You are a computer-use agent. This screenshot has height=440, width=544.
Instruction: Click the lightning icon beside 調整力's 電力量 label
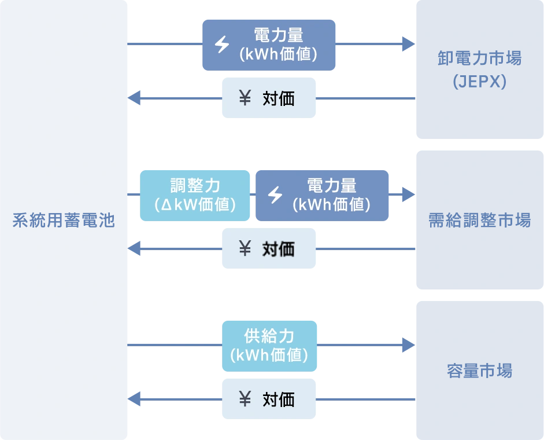tap(275, 195)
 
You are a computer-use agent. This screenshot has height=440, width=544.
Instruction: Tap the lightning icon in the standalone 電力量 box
tap(222, 45)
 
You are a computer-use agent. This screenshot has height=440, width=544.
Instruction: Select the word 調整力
tap(195, 186)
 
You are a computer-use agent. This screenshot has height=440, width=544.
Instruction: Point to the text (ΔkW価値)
tap(195, 205)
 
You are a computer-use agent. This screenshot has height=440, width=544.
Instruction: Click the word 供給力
tap(270, 336)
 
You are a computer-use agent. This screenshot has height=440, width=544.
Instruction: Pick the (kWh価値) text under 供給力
tap(269, 355)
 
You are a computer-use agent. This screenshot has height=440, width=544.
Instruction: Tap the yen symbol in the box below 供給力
tap(245, 399)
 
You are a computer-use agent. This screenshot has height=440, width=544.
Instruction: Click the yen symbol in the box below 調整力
tap(245, 249)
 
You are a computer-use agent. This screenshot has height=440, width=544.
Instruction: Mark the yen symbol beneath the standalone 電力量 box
tap(245, 98)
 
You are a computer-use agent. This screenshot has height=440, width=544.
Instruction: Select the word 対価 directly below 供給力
tap(279, 399)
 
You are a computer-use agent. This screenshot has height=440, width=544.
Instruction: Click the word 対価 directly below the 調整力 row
tap(279, 249)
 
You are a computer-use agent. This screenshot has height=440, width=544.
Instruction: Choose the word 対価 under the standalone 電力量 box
tap(279, 98)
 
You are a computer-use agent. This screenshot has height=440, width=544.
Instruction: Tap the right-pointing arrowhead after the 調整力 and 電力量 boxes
tap(408, 195)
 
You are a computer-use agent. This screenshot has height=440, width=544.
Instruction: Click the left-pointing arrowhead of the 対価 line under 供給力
tap(136, 399)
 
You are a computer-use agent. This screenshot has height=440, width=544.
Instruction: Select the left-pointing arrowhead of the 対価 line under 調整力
tap(136, 249)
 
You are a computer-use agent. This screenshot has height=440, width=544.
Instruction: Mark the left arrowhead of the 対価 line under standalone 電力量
tap(136, 98)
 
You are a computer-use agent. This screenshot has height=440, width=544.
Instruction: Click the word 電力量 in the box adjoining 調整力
tap(332, 186)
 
